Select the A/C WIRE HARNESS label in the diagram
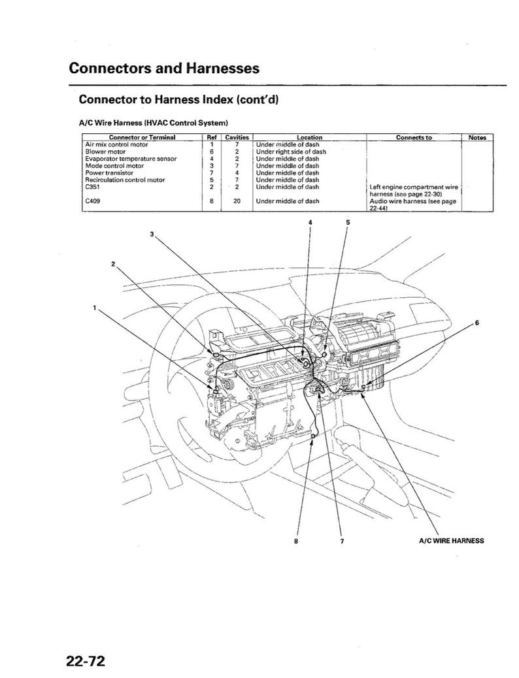click(451, 541)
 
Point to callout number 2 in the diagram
click(113, 263)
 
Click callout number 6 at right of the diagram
click(477, 323)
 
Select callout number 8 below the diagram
click(296, 541)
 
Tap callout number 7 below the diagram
click(342, 541)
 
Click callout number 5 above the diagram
click(348, 222)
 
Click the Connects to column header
click(413, 138)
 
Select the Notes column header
click(477, 138)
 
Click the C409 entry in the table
click(92, 201)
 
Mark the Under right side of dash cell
click(290, 151)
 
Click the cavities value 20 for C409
click(237, 201)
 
